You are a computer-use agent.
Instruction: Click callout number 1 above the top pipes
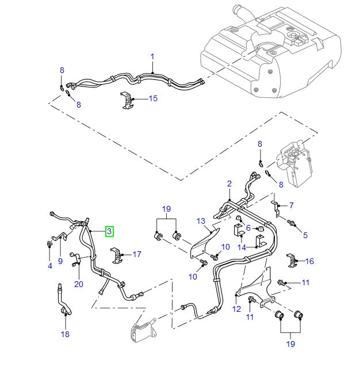(x=153, y=56)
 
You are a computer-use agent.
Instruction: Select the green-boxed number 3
(x=109, y=231)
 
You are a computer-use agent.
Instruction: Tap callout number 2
(x=229, y=184)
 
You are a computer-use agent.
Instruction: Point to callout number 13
(x=201, y=221)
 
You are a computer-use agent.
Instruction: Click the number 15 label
(x=152, y=99)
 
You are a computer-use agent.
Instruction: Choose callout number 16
(x=309, y=261)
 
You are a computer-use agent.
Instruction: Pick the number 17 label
(x=136, y=254)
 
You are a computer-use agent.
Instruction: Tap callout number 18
(x=64, y=334)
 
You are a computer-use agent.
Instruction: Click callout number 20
(x=78, y=284)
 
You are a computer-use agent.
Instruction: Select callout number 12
(x=236, y=309)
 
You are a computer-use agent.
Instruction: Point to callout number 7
(x=291, y=205)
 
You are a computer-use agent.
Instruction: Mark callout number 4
(x=50, y=266)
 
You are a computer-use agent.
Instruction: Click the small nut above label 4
(x=49, y=244)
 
